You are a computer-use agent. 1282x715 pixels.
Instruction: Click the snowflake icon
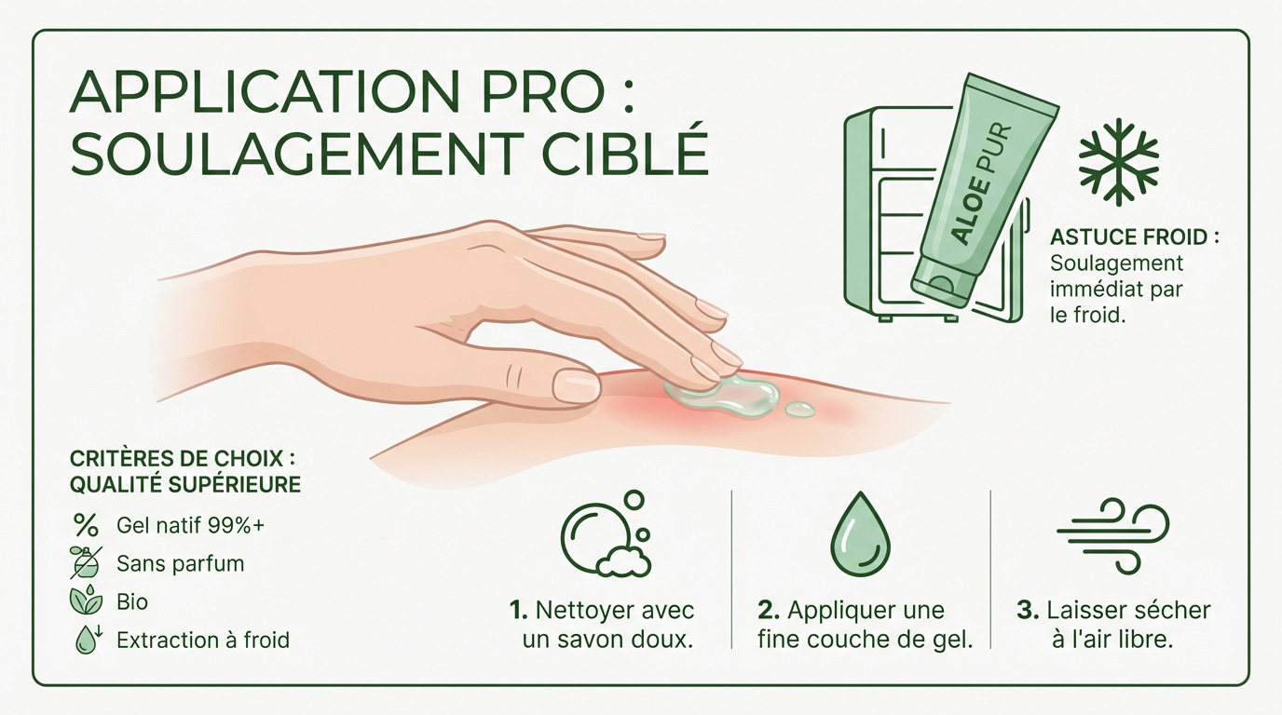[1118, 161]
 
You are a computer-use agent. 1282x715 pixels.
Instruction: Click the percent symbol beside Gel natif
[86, 525]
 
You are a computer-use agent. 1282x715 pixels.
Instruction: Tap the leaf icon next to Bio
[86, 601]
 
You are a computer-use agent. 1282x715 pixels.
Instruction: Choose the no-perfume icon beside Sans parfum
[86, 563]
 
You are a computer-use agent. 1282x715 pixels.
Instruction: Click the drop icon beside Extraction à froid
[87, 640]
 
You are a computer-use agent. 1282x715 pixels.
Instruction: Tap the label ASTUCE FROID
[1134, 237]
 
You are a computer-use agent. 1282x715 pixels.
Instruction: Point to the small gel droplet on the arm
[799, 409]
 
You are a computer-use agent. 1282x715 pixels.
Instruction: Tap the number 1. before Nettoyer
[520, 611]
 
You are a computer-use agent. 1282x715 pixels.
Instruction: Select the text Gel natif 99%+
[190, 525]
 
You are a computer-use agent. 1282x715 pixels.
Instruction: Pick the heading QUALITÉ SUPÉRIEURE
[185, 484]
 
